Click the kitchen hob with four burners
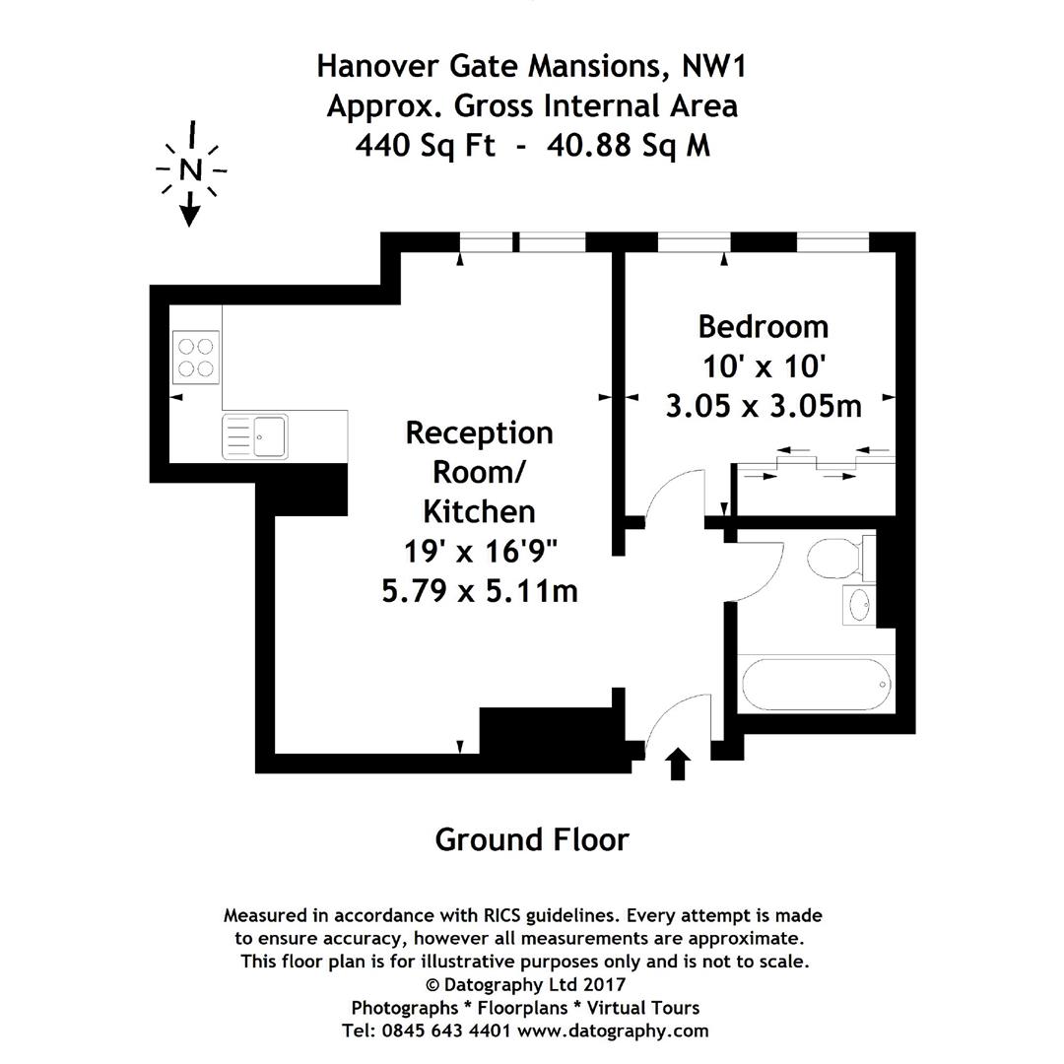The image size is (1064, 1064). point(195,358)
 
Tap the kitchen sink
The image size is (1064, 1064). point(255,436)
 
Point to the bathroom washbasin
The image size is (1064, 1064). point(858,605)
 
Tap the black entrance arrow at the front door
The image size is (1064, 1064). point(678,764)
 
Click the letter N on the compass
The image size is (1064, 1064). point(190,169)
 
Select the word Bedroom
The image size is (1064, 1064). point(763,326)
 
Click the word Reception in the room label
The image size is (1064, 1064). point(479,432)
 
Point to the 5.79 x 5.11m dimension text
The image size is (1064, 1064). point(479,590)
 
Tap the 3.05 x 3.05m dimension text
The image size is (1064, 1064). point(764,405)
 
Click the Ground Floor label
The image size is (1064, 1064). point(531,839)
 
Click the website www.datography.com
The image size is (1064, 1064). point(612,1031)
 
